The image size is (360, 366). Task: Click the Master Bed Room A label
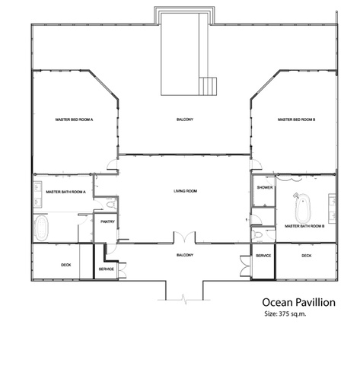pyautogui.click(x=74, y=119)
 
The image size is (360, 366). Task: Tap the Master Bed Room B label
pyautogui.click(x=296, y=119)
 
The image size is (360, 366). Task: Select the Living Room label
pyautogui.click(x=185, y=191)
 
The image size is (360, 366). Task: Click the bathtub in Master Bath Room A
pyautogui.click(x=41, y=228)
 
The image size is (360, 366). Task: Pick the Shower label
pyautogui.click(x=265, y=188)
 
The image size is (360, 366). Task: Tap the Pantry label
pyautogui.click(x=107, y=221)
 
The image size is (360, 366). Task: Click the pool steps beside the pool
pyautogui.click(x=208, y=87)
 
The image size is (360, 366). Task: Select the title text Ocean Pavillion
pyautogui.click(x=298, y=302)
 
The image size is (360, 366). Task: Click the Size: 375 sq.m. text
pyautogui.click(x=285, y=314)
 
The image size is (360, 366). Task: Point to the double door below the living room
pyautogui.click(x=184, y=237)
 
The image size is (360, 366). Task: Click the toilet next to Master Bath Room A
pyautogui.click(x=110, y=205)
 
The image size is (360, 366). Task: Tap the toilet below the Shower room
pyautogui.click(x=257, y=235)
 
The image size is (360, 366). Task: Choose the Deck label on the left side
pyautogui.click(x=66, y=265)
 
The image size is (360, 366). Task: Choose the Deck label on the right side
pyautogui.click(x=307, y=256)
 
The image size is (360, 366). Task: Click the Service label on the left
pyautogui.click(x=107, y=269)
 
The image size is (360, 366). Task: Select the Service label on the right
pyautogui.click(x=263, y=256)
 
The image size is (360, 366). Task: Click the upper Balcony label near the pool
pyautogui.click(x=185, y=119)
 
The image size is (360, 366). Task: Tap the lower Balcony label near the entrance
pyautogui.click(x=185, y=255)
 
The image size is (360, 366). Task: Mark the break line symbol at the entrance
pyautogui.click(x=184, y=300)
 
